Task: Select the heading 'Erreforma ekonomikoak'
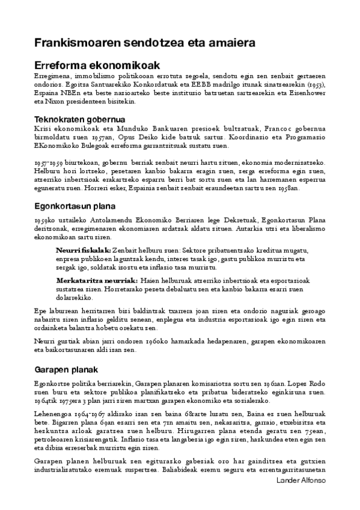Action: pyautogui.click(x=96, y=66)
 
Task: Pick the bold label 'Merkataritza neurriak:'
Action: pyautogui.click(x=97, y=281)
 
